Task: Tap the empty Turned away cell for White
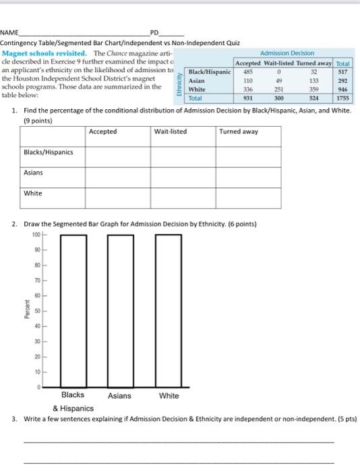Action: [249, 198]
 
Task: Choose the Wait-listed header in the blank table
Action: [171, 131]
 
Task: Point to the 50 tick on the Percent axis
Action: [37, 311]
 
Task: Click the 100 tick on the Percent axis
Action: [36, 235]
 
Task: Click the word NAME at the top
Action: [9, 32]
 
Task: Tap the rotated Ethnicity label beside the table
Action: [179, 84]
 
